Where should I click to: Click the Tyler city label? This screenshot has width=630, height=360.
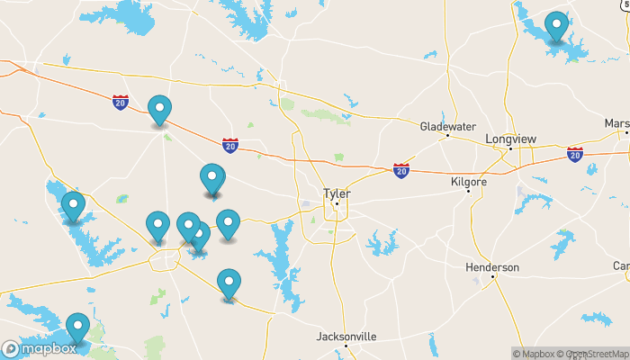pos(337,193)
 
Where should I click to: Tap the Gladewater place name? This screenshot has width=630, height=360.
pos(446,127)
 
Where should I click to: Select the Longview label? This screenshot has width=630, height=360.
pos(510,139)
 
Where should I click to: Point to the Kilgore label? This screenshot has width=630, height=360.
pos(468,182)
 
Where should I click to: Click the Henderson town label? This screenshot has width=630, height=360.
pos(492,267)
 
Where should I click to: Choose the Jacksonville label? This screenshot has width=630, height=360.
pos(346,337)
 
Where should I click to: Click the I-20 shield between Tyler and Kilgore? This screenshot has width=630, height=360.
pos(400,168)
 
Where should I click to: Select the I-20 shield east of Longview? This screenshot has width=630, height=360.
pos(574,154)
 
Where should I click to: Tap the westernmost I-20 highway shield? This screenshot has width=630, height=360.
pos(121,102)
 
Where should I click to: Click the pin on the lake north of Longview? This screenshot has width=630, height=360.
pos(557,26)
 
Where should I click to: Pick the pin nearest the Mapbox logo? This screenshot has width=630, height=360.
pos(78,328)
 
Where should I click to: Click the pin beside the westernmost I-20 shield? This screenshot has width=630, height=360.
pos(159,111)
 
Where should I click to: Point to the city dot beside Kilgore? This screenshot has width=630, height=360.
pos(468,191)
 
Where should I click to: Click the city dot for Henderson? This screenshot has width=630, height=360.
pos(493,276)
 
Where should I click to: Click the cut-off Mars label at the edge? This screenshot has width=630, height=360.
pos(617,123)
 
